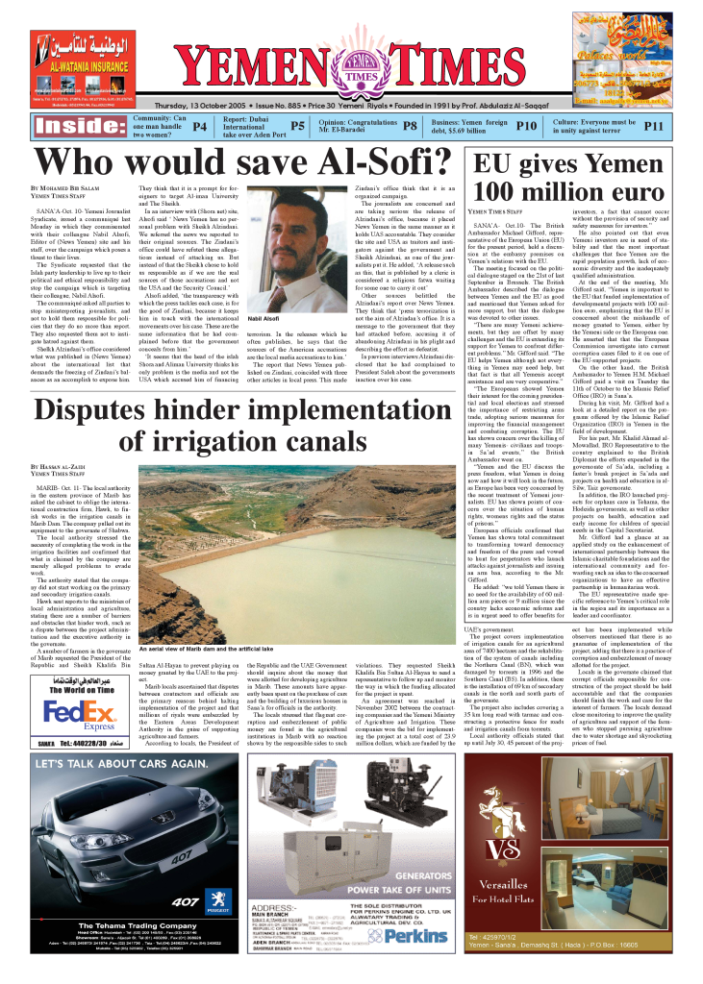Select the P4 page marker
(x=199, y=126)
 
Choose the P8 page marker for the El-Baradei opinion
(x=410, y=126)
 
